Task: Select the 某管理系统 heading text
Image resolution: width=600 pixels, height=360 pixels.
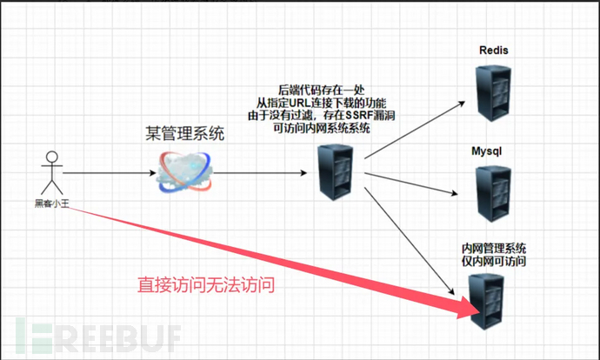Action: (184, 134)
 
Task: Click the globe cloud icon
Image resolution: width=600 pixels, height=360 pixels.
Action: (184, 171)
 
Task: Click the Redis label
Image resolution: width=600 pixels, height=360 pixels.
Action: (493, 51)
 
